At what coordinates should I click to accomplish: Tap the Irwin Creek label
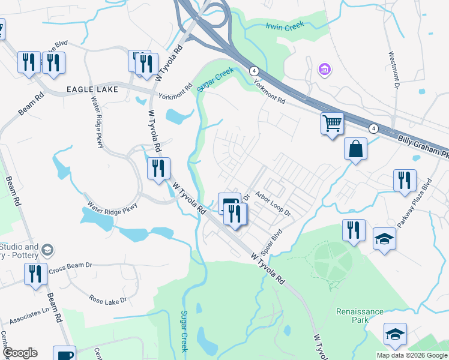285,26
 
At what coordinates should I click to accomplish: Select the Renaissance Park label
360,316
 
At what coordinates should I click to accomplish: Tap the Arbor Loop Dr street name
273,203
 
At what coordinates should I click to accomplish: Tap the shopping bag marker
355,148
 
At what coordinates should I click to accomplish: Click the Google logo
20,353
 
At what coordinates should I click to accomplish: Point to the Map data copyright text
411,355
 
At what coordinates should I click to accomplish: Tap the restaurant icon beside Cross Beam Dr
35,274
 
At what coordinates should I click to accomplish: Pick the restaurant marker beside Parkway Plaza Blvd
405,179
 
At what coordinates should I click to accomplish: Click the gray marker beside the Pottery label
48,250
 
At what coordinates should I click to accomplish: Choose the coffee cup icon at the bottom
64,354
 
